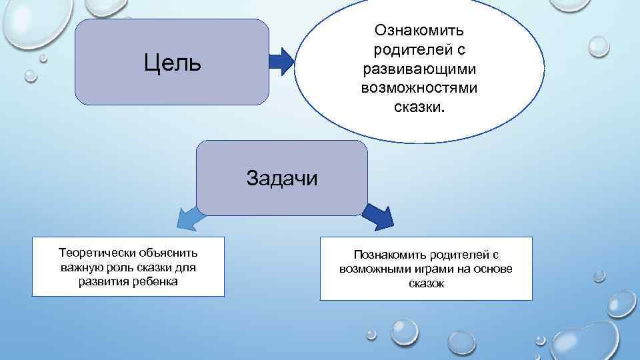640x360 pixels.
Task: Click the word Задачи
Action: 281,178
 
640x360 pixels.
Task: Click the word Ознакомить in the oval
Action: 419,31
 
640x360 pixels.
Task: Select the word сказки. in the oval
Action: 419,106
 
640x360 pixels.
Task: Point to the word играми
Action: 438,269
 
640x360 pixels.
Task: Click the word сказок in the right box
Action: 426,283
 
